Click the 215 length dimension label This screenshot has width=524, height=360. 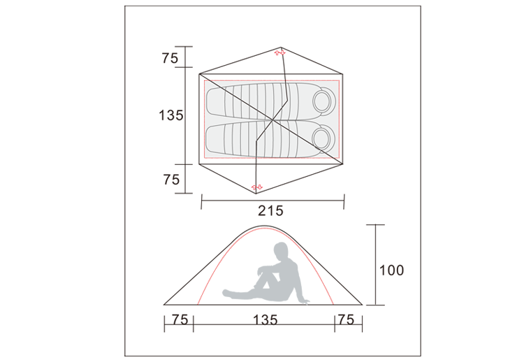270,211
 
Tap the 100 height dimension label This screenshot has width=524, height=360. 391,270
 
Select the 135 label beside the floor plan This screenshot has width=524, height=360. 170,115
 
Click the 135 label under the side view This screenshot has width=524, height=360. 265,320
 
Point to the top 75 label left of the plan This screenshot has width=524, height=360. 170,59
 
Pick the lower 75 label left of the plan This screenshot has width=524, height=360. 171,180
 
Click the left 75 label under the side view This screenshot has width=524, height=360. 180,320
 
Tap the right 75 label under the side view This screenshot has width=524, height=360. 346,320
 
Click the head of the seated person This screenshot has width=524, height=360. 281,250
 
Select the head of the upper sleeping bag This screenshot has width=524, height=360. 323,100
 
